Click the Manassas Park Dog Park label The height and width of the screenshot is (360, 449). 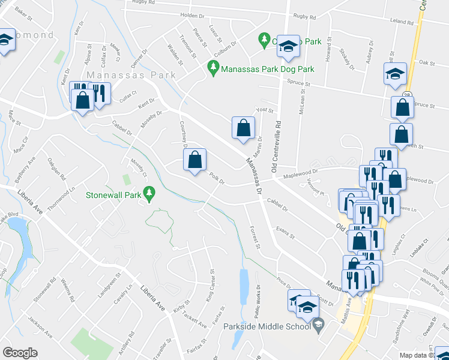tap(268, 69)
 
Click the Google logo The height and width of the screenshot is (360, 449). tap(20, 353)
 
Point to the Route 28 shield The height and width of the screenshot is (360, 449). tap(407, 96)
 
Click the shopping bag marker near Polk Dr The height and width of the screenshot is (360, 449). tap(194, 160)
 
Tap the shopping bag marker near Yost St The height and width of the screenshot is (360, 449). tap(243, 128)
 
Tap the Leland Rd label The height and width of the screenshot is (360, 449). tap(402, 20)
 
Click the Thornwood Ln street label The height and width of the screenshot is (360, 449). tap(64, 199)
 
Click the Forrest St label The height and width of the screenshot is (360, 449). tap(254, 237)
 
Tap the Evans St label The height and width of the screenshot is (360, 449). tap(285, 232)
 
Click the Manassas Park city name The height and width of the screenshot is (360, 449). tap(131, 75)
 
